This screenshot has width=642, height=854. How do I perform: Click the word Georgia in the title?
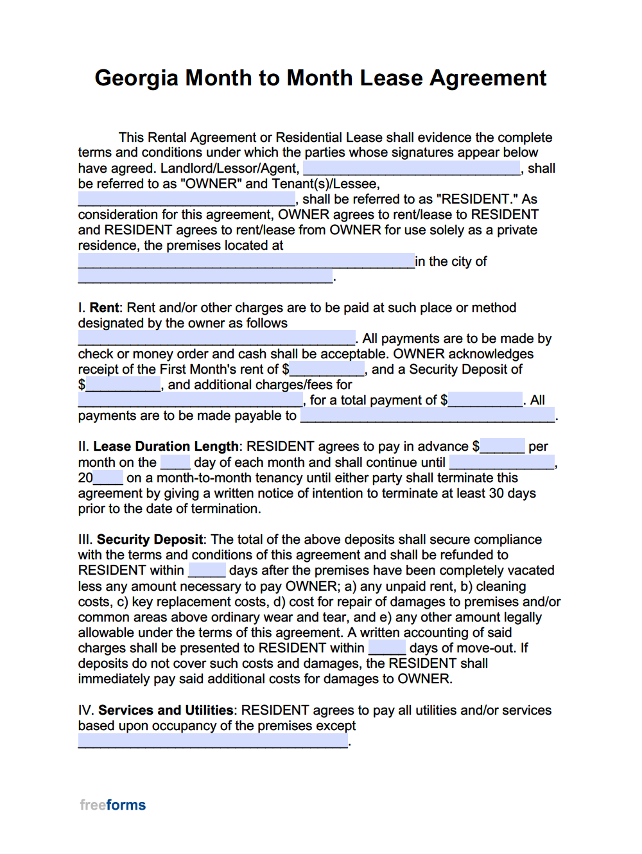[136, 78]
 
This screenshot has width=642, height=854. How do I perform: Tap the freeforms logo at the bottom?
[112, 805]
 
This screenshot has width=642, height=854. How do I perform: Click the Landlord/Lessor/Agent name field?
[411, 168]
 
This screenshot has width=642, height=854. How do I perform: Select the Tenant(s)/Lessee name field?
[186, 199]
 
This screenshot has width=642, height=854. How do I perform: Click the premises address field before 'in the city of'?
[246, 261]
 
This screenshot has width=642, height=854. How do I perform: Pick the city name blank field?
[205, 277]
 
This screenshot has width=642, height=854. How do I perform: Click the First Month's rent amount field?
[327, 369]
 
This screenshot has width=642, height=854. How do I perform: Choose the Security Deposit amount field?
[123, 385]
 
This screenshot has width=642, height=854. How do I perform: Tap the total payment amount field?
[485, 400]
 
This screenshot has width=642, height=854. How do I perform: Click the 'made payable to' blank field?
[428, 415]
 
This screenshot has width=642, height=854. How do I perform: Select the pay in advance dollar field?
[502, 446]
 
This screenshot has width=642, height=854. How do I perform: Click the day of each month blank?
[175, 462]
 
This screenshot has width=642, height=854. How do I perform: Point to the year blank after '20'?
[108, 478]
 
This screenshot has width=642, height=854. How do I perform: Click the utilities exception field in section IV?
[213, 741]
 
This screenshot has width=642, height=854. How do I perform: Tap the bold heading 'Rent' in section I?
[105, 308]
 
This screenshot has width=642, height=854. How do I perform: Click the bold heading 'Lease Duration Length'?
[166, 446]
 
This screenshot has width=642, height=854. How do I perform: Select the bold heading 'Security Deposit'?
[150, 539]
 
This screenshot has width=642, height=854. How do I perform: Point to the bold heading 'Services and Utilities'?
[166, 710]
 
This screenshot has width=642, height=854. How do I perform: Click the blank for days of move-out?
[386, 648]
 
